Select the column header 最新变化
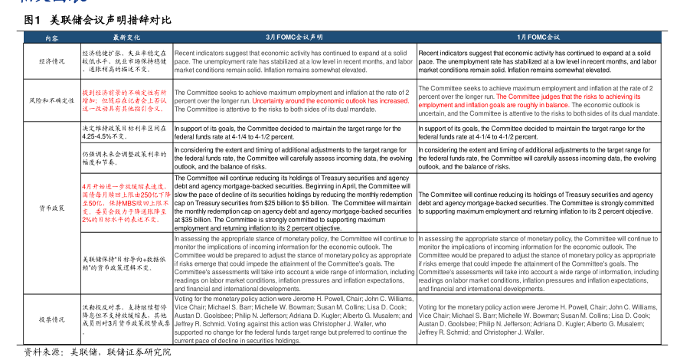(127, 37)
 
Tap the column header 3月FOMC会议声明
(294, 37)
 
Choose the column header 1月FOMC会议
(538, 37)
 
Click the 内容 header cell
(51, 37)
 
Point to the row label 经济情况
(51, 61)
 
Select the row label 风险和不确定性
(51, 100)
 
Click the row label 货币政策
(51, 208)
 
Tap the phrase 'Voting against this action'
(295, 326)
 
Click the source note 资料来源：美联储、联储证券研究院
(97, 352)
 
